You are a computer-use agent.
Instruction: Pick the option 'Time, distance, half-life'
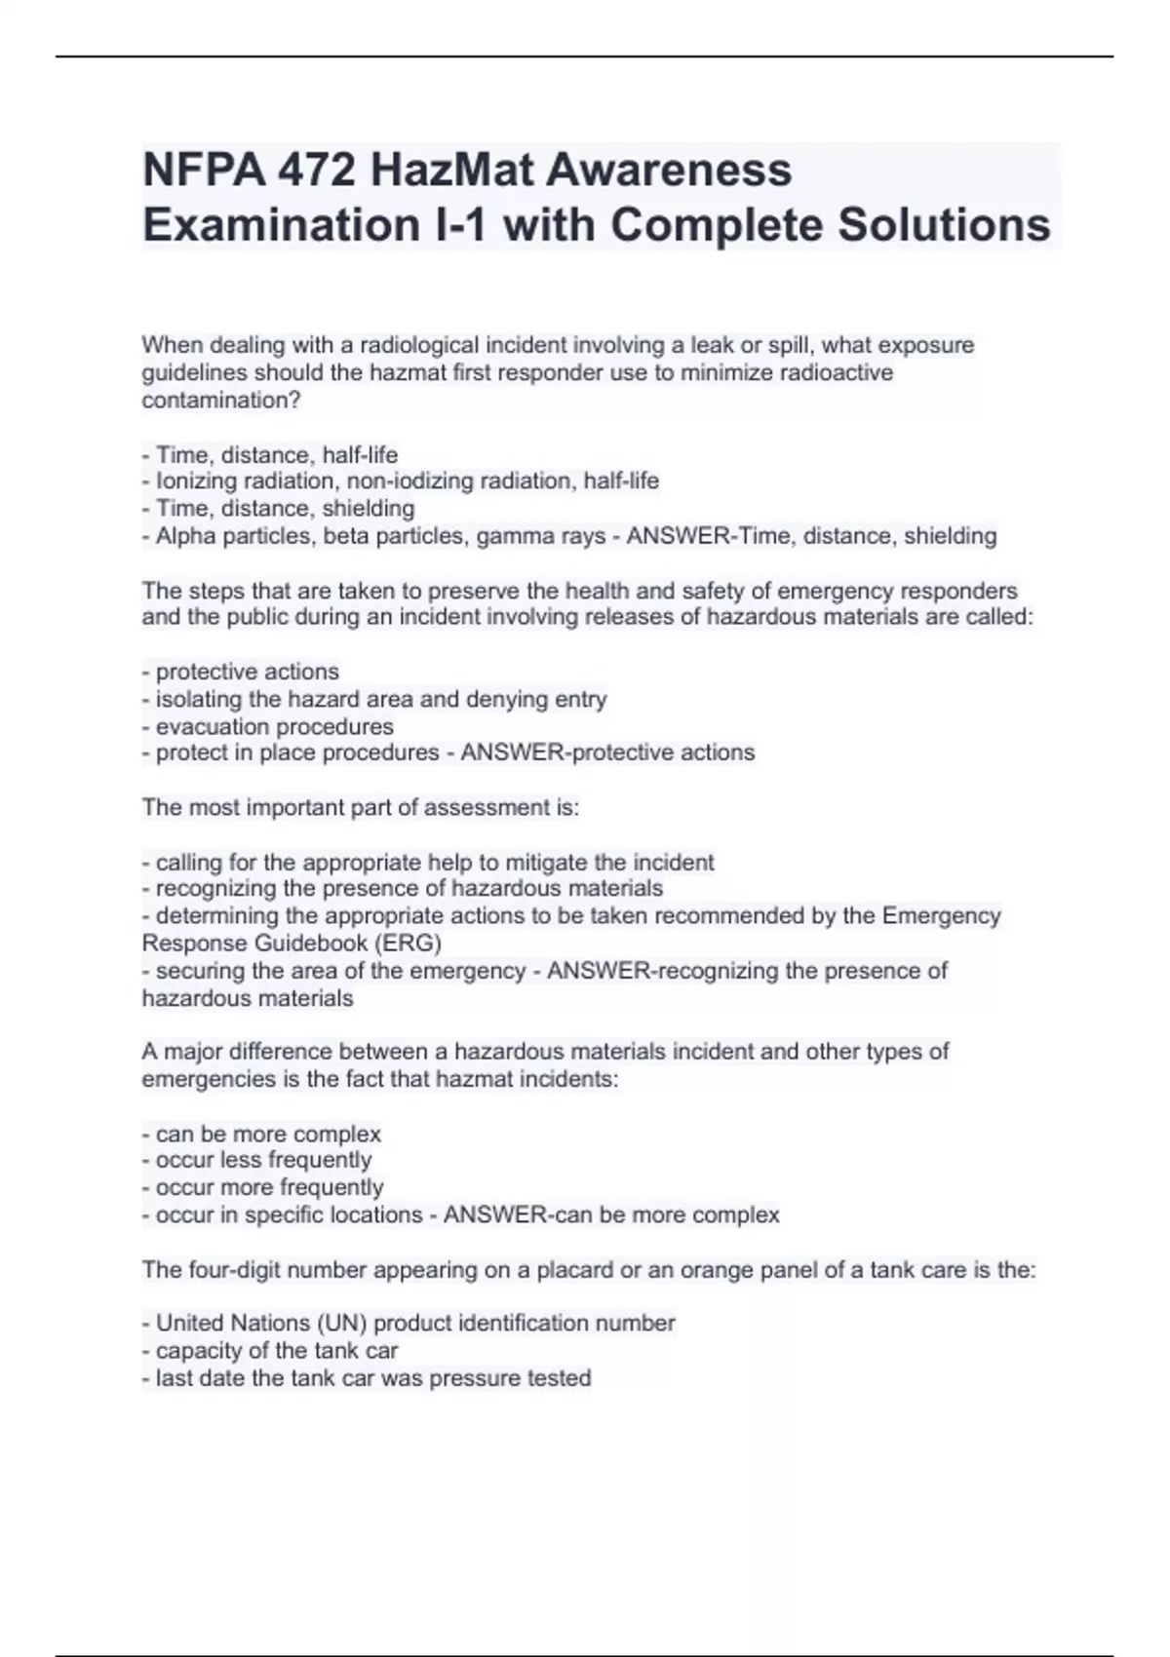276,454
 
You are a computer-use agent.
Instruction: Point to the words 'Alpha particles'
235,535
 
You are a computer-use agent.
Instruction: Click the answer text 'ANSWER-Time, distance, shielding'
811,535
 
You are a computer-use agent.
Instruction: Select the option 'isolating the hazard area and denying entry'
380,699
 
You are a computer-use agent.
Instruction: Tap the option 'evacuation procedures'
274,726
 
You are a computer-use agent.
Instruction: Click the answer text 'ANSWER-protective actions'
607,752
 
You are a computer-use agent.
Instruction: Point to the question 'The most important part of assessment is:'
361,807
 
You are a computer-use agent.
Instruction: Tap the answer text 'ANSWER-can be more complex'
611,1214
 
